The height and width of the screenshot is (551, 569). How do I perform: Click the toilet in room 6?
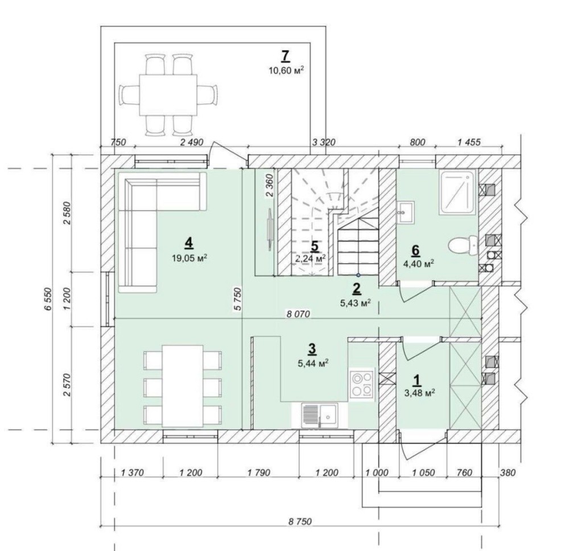tap(463, 246)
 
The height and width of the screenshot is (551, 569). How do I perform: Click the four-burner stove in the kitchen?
tap(362, 384)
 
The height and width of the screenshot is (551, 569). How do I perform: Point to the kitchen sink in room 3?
tap(320, 415)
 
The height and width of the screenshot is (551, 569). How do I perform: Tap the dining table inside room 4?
tap(183, 386)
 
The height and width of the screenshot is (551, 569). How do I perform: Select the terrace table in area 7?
tap(168, 94)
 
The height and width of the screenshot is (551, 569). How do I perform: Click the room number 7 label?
tap(286, 56)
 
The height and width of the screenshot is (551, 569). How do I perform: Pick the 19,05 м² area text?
tap(190, 258)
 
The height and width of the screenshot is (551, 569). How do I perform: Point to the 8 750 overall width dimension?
tap(300, 521)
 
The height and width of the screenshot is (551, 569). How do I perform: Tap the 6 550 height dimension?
tap(48, 299)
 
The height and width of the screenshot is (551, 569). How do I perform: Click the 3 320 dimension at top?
tap(324, 142)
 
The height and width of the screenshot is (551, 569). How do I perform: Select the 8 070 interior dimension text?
tap(298, 314)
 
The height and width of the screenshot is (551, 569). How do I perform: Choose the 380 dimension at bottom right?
tap(508, 473)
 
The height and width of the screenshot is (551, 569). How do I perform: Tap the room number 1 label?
tap(417, 380)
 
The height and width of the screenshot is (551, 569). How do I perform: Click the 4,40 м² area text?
tap(419, 263)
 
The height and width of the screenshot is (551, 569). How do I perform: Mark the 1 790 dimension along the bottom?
tap(259, 473)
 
